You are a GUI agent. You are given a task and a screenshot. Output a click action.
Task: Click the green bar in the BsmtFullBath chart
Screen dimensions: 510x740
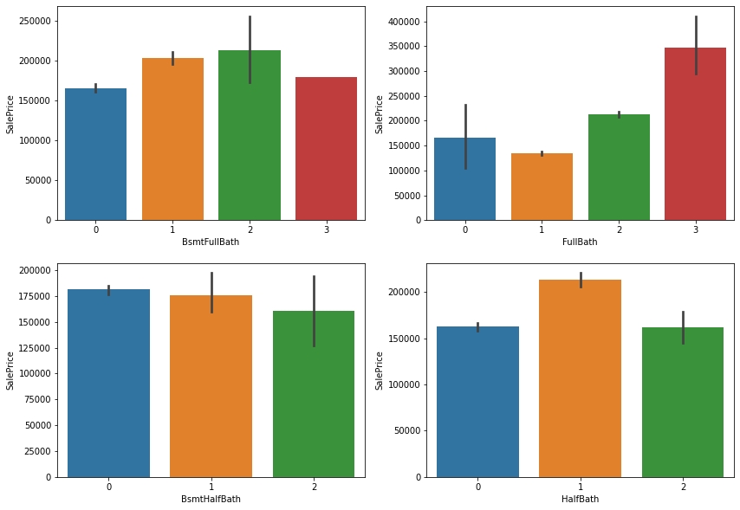tap(250, 139)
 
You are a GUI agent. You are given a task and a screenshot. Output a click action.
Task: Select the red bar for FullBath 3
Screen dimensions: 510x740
tap(695, 139)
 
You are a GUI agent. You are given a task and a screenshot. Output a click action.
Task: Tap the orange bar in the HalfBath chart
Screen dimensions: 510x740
tap(580, 381)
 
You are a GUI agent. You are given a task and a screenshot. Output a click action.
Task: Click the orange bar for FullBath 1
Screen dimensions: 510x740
tap(542, 187)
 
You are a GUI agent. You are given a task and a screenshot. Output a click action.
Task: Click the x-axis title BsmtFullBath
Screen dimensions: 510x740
tap(211, 242)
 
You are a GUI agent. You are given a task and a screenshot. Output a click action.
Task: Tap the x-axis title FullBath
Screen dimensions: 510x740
tap(580, 242)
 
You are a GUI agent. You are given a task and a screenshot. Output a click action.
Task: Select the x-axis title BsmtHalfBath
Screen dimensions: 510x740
tap(211, 499)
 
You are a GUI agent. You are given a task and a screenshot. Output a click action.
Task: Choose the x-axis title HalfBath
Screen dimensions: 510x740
tap(580, 499)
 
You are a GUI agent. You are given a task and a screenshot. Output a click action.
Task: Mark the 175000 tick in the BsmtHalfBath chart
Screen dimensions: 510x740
tap(36, 296)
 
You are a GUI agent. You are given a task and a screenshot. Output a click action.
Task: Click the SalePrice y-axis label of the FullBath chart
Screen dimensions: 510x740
tap(379, 113)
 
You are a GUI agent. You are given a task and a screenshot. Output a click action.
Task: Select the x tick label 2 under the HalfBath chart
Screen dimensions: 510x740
tap(683, 487)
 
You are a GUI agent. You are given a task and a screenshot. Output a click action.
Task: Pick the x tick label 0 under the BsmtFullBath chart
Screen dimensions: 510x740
tap(95, 230)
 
